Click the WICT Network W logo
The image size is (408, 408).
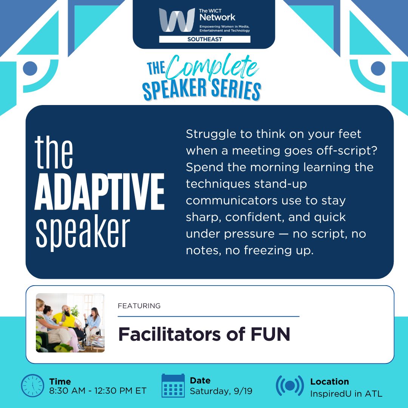tap(177, 20)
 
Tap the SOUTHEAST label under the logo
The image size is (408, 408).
tap(204, 39)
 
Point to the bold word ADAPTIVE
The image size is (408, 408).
tap(99, 192)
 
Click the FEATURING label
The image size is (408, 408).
tap(139, 306)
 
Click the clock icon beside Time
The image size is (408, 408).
tap(32, 386)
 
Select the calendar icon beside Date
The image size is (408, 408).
tap(173, 386)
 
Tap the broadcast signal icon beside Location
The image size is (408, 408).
tap(290, 386)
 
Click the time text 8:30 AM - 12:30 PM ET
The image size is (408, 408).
tap(98, 391)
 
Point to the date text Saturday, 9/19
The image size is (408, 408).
tap(221, 391)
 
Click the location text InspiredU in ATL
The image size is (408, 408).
tap(346, 394)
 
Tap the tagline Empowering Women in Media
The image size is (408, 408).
tap(224, 26)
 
